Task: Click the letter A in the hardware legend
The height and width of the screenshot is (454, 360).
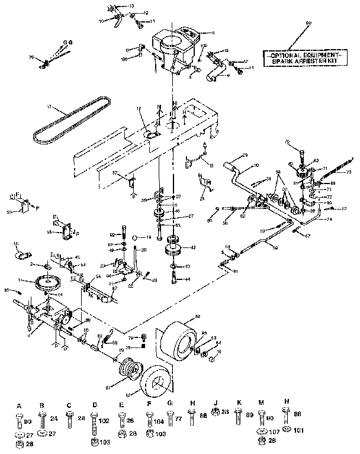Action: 19,405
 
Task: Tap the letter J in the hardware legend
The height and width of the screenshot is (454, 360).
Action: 216,405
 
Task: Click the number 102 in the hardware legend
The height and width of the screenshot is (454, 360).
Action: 104,422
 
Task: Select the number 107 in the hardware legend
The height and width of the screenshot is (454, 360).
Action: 274,431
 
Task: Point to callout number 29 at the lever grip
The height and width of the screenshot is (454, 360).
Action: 245,155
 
